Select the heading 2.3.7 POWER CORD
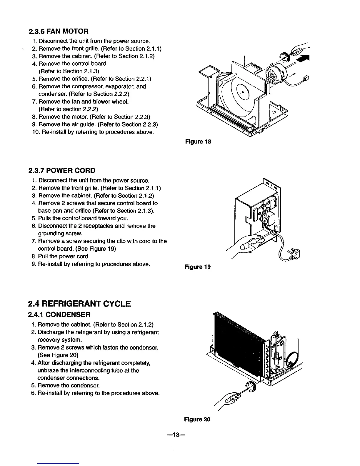(62, 171)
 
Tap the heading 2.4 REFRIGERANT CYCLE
(79, 304)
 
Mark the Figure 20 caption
(197, 419)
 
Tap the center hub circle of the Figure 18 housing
(242, 92)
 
